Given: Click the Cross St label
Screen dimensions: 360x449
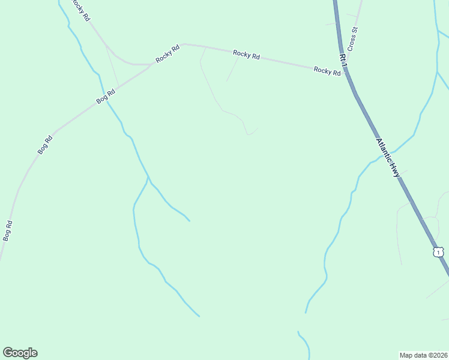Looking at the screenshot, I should [354, 38].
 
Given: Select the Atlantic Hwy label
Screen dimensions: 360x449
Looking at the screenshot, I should [388, 157].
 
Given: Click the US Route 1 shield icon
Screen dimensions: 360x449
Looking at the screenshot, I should [439, 252].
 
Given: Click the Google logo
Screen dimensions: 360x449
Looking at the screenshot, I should [20, 353].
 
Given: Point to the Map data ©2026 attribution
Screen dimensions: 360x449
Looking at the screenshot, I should [423, 355].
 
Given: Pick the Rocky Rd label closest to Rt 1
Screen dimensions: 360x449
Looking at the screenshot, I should [327, 71].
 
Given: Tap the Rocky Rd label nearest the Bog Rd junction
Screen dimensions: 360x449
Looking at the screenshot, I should [167, 55].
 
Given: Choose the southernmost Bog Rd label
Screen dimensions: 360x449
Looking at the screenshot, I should [7, 230].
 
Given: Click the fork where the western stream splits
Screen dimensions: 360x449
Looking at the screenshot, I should [148, 178].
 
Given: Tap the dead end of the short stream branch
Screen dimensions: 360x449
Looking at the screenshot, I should [190, 221].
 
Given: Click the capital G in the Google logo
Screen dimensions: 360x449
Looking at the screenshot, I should [8, 353].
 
